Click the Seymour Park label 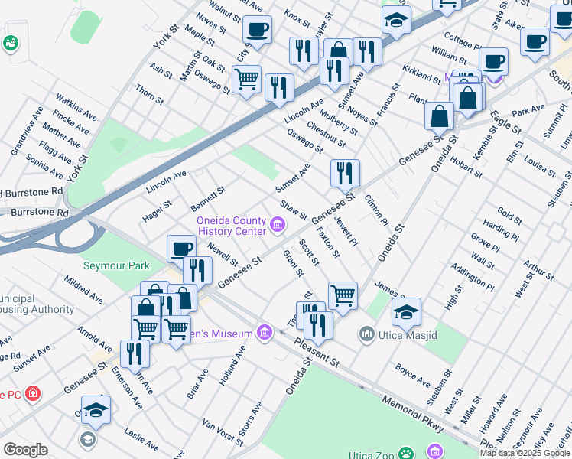[117, 265]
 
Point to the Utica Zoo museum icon [437, 451]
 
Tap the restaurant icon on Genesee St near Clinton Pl [346, 174]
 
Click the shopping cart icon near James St [343, 295]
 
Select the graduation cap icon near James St [407, 311]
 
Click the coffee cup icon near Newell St [182, 249]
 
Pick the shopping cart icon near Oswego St [246, 79]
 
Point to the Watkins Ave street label [76, 108]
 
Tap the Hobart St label [466, 163]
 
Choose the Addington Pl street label [473, 277]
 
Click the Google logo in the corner [25, 450]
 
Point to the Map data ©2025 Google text [525, 453]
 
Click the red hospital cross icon [32, 394]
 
